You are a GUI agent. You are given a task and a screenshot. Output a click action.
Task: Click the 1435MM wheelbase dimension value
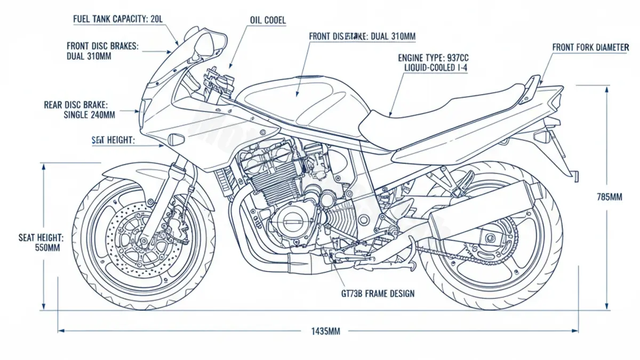325,331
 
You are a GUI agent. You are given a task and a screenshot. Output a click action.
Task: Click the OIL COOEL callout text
268,20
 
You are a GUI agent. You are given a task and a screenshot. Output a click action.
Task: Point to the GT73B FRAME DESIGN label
377,293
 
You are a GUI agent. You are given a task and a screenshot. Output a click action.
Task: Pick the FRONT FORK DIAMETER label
590,47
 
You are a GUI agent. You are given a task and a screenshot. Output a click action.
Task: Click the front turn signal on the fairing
175,140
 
